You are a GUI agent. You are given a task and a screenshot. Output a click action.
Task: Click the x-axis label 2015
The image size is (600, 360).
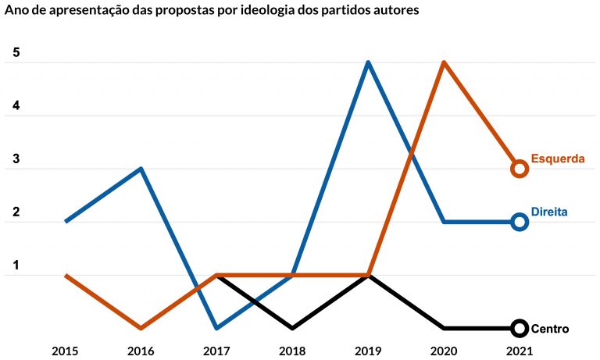(x=65, y=351)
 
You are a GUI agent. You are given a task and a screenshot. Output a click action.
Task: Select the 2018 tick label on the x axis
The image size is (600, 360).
(x=292, y=351)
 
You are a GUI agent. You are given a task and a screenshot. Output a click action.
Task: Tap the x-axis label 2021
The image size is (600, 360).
(x=520, y=351)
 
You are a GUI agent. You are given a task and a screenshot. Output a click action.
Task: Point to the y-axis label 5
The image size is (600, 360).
(x=16, y=54)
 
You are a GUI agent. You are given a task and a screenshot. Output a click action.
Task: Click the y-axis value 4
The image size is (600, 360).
(x=16, y=107)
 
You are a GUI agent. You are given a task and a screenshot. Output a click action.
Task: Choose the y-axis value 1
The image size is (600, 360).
(x=16, y=266)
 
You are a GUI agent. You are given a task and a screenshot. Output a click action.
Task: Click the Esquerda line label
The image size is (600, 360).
(x=558, y=159)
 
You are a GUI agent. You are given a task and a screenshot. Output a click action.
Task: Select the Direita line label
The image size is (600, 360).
(x=548, y=212)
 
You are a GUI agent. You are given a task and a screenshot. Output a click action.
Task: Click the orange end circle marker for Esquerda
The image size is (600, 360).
(x=520, y=169)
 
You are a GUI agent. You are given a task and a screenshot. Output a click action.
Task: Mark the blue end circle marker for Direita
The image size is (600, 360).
(x=520, y=222)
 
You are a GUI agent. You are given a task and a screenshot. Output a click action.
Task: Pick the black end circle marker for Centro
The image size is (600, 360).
(x=520, y=328)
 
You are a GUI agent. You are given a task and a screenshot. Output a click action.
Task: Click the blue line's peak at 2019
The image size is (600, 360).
(x=368, y=62)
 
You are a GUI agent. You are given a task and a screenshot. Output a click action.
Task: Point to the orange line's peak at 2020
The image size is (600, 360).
(x=444, y=62)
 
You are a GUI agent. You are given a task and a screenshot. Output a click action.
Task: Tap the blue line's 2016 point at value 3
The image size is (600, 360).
(x=141, y=169)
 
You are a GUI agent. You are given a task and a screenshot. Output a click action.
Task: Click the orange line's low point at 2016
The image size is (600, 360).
(x=141, y=328)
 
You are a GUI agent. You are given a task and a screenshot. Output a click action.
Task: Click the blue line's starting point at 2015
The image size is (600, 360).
(x=65, y=222)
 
